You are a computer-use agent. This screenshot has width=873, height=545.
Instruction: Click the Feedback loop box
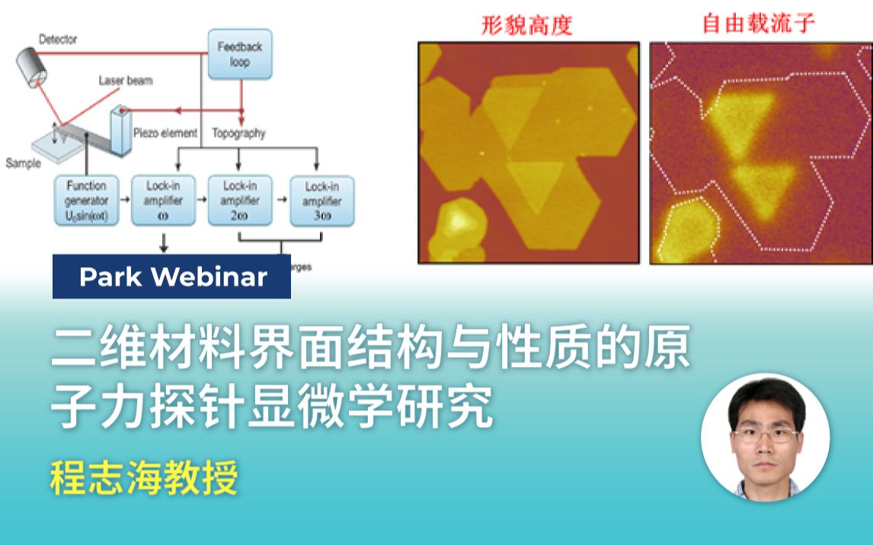point(239,53)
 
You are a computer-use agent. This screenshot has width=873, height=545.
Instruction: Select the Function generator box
point(86,201)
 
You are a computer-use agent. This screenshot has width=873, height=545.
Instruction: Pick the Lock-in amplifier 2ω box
point(239,200)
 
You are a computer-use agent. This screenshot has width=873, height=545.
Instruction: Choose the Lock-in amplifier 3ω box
point(321,201)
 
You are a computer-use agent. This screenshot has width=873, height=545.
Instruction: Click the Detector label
point(58,39)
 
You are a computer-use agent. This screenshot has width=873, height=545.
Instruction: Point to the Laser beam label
point(125,80)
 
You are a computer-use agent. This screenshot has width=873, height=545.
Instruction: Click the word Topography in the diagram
point(238,133)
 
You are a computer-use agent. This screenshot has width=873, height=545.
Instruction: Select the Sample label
point(22,163)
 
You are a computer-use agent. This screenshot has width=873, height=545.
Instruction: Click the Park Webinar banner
point(172,277)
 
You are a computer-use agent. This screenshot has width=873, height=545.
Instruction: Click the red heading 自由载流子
point(758,24)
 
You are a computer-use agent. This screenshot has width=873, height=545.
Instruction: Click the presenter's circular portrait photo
point(765,437)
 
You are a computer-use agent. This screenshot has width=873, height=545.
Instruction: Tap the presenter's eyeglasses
point(764,435)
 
